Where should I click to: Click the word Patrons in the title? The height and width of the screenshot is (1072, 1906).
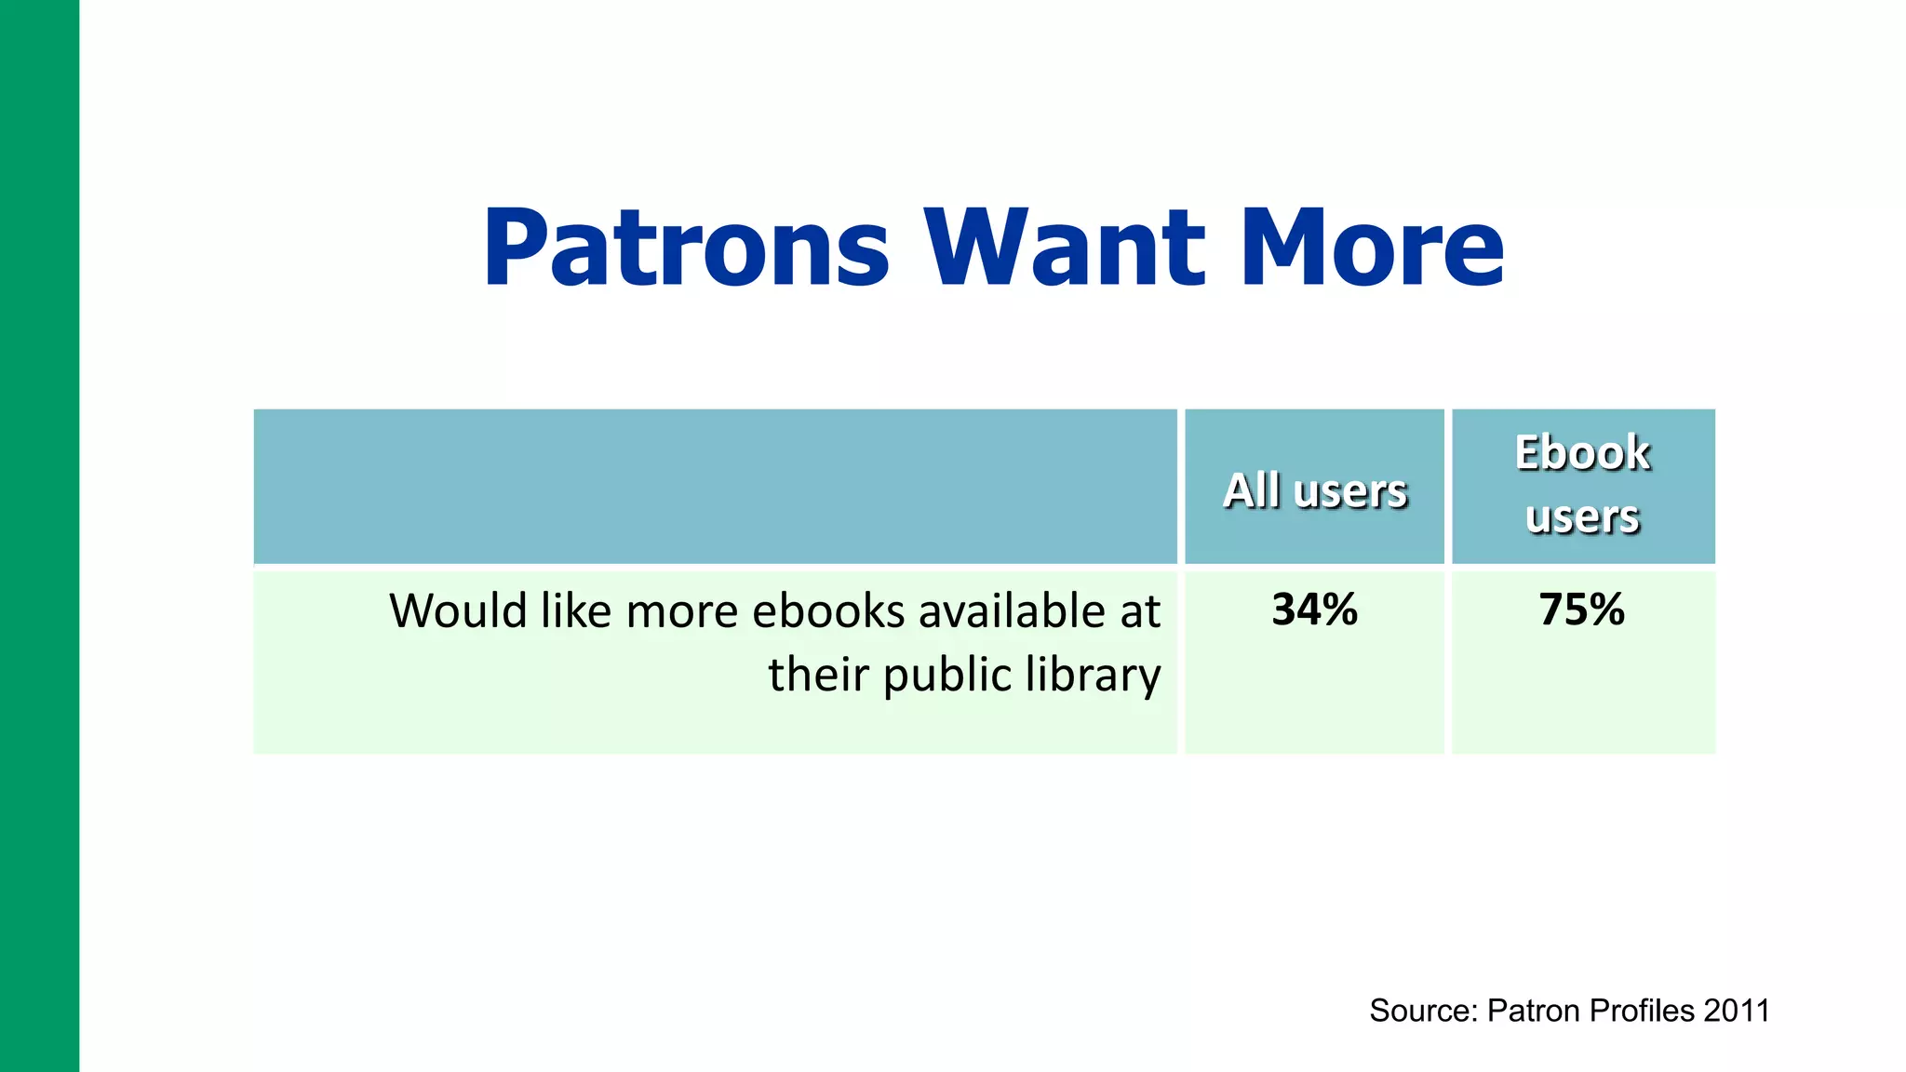coord(686,248)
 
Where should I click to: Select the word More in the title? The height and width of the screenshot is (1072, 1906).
coord(1372,248)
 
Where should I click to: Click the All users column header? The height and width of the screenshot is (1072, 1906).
coord(1314,490)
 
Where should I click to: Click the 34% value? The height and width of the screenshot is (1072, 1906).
coord(1314,610)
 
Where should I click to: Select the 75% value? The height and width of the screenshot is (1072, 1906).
coord(1581,610)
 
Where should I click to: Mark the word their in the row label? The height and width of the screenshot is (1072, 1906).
coord(818,675)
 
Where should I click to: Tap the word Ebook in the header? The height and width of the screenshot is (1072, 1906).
coord(1582,453)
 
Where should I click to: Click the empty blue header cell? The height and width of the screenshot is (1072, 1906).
coord(715,486)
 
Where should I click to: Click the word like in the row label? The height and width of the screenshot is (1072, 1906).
coord(576,611)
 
